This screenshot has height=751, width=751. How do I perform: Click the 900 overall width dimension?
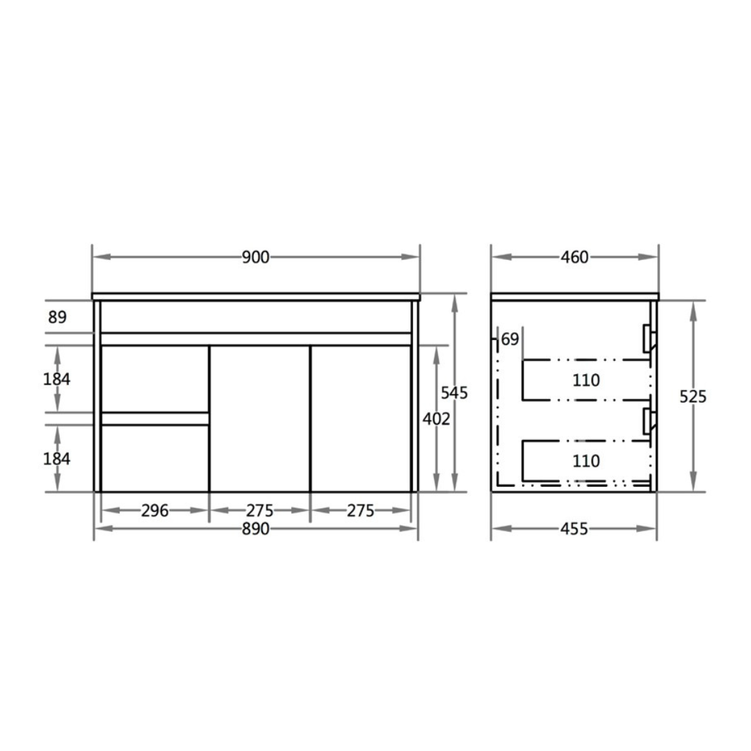256,257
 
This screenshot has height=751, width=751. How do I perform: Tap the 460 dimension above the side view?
574,257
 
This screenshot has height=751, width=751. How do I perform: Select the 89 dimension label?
58,318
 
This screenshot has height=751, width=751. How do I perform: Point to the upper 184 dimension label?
58,379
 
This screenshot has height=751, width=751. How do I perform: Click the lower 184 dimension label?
58,459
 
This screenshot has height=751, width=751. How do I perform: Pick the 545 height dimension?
454,393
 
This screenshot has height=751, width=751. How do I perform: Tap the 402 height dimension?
436,419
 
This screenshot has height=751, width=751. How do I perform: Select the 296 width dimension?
154,510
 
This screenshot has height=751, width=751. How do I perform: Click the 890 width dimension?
256,529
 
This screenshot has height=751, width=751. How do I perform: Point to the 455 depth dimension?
574,529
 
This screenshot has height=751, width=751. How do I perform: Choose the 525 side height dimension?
693,396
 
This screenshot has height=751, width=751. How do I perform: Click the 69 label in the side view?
510,339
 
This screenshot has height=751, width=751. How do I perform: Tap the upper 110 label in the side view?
586,380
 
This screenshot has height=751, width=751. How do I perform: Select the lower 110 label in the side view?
586,460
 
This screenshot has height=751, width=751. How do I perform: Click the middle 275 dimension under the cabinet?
260,510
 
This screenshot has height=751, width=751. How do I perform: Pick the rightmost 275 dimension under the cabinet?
360,510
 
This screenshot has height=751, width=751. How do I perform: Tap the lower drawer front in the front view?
155,458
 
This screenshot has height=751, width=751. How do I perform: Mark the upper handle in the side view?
649,338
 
